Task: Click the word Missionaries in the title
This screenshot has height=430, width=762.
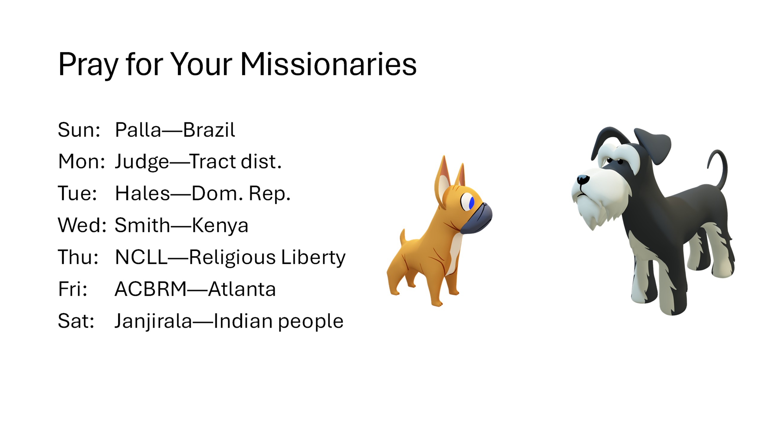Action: tap(328, 64)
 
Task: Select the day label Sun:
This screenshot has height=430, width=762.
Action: tap(79, 130)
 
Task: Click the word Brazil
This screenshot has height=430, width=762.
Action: tap(209, 130)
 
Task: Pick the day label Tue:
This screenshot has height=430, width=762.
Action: tap(77, 193)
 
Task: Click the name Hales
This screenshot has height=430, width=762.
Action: tap(143, 193)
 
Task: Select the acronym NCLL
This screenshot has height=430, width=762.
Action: tap(141, 257)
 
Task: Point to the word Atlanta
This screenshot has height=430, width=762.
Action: tap(242, 289)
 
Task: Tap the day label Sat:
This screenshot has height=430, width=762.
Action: tap(76, 321)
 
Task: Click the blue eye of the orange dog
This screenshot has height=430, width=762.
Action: tap(472, 203)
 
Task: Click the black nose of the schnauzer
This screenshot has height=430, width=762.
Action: tap(583, 179)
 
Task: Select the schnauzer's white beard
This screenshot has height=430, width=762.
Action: tap(595, 203)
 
